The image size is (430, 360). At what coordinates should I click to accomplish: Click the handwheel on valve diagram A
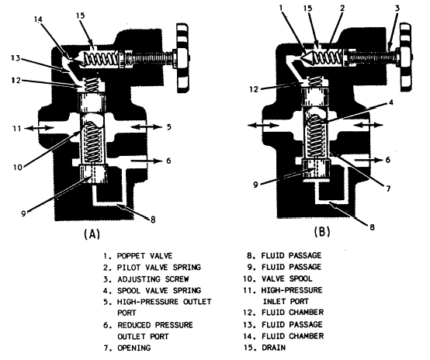(x=182, y=58)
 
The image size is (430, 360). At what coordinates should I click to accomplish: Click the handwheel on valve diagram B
(x=406, y=57)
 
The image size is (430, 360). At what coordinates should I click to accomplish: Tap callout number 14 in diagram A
(x=39, y=19)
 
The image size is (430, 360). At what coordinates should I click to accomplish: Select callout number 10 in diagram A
(x=18, y=167)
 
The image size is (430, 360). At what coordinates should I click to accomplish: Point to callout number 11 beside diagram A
(x=17, y=128)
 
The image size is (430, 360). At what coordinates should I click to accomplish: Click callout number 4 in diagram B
(x=391, y=102)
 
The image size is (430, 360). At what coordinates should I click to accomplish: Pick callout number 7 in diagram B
(x=388, y=189)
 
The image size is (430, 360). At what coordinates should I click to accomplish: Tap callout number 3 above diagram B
(x=397, y=9)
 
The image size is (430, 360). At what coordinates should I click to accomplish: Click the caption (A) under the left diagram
(x=92, y=234)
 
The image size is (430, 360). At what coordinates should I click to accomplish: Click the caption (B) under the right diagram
(x=322, y=232)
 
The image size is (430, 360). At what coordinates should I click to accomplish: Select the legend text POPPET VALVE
(x=144, y=256)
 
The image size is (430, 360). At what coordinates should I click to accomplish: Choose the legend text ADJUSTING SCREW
(x=153, y=279)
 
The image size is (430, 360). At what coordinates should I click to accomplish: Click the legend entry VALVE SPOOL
(x=287, y=279)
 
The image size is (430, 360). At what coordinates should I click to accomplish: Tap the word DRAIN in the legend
(x=273, y=348)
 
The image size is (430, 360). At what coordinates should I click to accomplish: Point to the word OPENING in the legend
(x=134, y=348)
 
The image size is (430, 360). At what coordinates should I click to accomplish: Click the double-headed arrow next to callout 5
(x=146, y=126)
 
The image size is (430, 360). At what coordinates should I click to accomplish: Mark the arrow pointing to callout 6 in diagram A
(x=147, y=161)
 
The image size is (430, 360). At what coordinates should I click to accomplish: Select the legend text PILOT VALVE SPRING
(x=159, y=268)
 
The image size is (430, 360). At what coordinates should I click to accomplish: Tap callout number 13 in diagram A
(x=16, y=58)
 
